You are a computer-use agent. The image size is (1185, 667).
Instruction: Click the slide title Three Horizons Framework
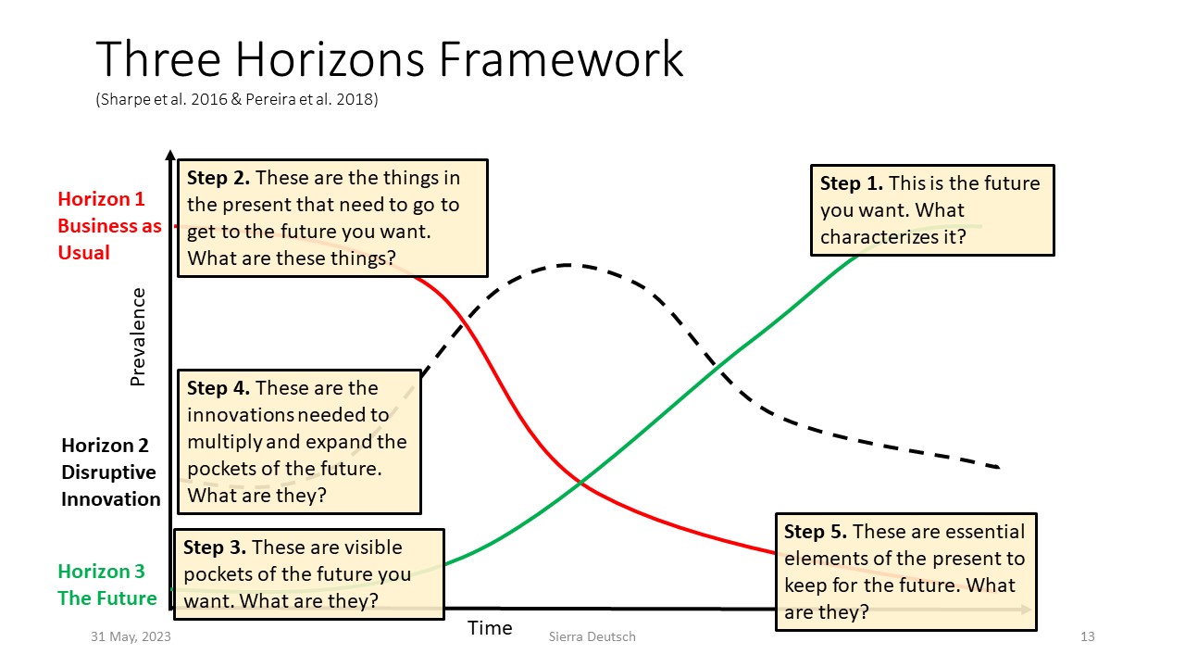pyautogui.click(x=390, y=59)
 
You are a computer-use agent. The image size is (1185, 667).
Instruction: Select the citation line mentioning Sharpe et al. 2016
pyautogui.click(x=237, y=99)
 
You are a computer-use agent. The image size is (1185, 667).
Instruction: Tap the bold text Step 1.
pyautogui.click(x=851, y=183)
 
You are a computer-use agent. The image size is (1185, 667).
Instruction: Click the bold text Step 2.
pyautogui.click(x=218, y=178)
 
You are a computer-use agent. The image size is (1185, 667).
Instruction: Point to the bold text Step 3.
pyautogui.click(x=214, y=547)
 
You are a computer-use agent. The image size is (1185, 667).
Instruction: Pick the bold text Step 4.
pyautogui.click(x=218, y=388)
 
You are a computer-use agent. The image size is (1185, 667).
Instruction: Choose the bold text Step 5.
pyautogui.click(x=816, y=532)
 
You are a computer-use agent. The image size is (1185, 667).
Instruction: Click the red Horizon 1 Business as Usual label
pyautogui.click(x=109, y=225)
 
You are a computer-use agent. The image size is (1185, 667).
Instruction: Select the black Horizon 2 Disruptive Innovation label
pyautogui.click(x=110, y=472)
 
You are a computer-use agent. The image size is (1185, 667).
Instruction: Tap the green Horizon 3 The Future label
pyautogui.click(x=107, y=585)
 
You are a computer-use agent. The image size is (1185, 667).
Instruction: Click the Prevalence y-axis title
pyautogui.click(x=138, y=336)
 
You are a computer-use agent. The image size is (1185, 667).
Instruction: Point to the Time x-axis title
pyautogui.click(x=490, y=628)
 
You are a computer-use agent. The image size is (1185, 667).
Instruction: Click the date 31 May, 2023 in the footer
pyautogui.click(x=131, y=636)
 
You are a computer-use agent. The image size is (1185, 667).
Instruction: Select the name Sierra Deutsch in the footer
pyautogui.click(x=592, y=636)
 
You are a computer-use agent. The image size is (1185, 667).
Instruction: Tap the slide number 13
pyautogui.click(x=1087, y=636)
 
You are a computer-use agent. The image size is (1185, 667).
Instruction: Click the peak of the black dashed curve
pyautogui.click(x=566, y=265)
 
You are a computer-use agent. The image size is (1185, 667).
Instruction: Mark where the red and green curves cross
pyautogui.click(x=580, y=483)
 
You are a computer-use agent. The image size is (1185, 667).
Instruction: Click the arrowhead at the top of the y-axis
pyautogui.click(x=170, y=155)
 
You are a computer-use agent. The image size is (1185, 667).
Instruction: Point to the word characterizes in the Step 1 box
pyautogui.click(x=879, y=237)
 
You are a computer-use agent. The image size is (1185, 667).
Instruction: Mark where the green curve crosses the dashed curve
pyautogui.click(x=716, y=363)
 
